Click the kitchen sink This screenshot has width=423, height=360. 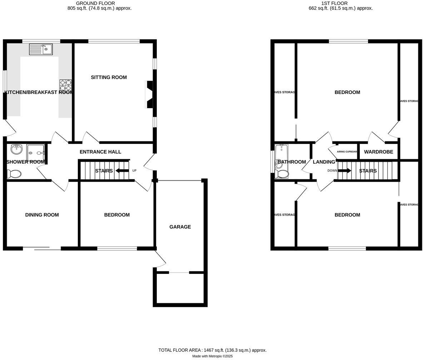(x=41, y=49)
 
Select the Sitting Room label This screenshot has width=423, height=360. (x=109, y=77)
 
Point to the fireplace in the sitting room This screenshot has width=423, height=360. (x=149, y=94)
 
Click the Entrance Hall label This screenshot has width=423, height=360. (x=100, y=152)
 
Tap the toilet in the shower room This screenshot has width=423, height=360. (x=14, y=174)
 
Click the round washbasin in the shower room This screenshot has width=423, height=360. (x=16, y=149)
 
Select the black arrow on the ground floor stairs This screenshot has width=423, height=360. (x=122, y=171)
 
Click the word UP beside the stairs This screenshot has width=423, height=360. (x=134, y=171)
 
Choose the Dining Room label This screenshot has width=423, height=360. (x=42, y=215)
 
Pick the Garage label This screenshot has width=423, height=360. (x=180, y=227)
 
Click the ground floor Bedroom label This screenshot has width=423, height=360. (x=117, y=215)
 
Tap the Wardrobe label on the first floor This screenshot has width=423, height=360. (x=378, y=152)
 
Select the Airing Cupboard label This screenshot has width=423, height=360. (x=347, y=152)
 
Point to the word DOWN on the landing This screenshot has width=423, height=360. (x=332, y=171)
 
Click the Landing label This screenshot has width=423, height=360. (x=324, y=162)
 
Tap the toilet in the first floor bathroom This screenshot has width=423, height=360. (x=282, y=174)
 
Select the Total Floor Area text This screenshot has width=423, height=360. (x=212, y=350)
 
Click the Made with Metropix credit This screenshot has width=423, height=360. (x=212, y=356)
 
